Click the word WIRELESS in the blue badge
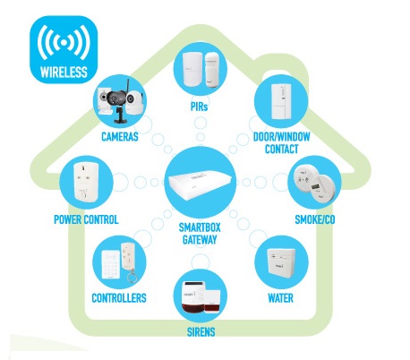[x=64, y=73]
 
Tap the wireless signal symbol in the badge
[x=64, y=42]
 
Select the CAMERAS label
[x=120, y=137]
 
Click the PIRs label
[x=199, y=107]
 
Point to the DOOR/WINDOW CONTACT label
[x=282, y=142]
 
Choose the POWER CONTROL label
[x=86, y=219]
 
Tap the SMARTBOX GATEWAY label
[x=200, y=234]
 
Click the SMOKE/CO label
[x=315, y=219]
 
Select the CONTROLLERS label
[x=119, y=298]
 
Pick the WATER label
[x=280, y=298]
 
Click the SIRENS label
[x=201, y=332]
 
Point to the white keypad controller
[x=111, y=264]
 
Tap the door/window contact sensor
[x=281, y=101]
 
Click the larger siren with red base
[x=194, y=297]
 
